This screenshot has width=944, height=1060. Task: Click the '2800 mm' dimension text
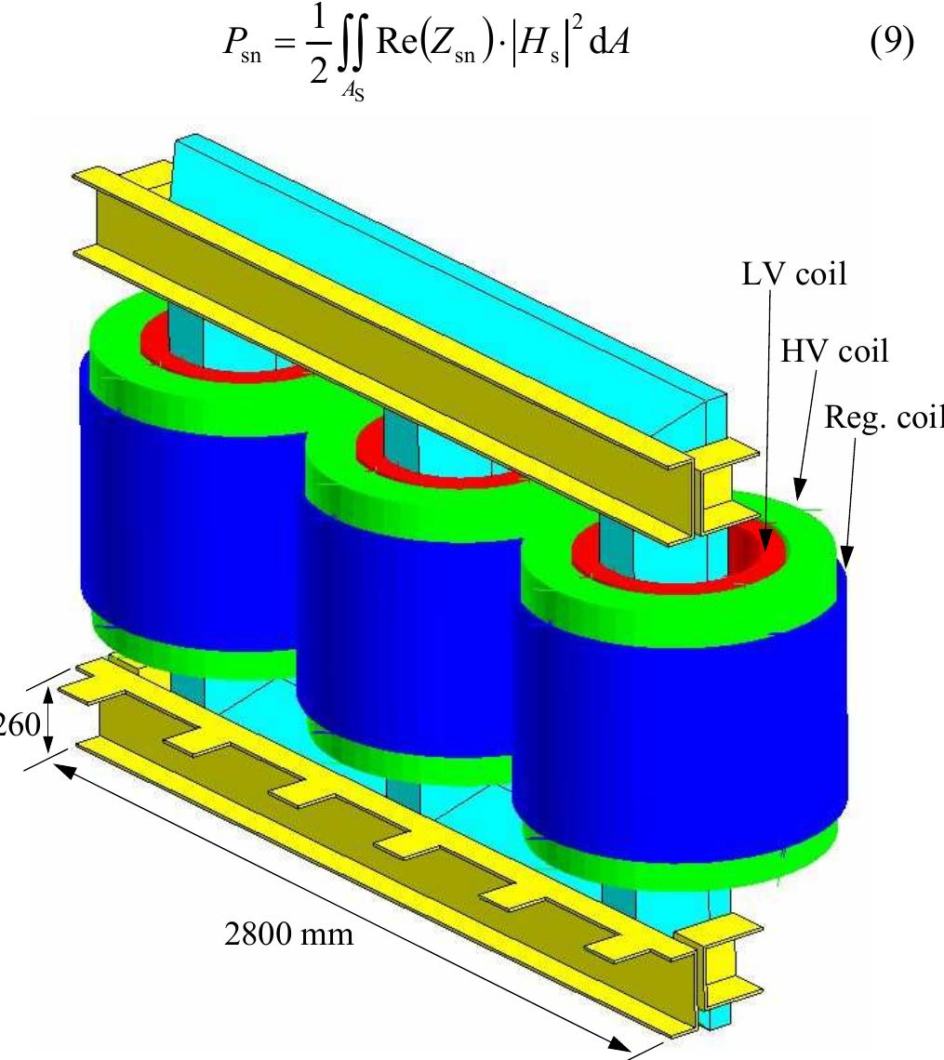pyautogui.click(x=289, y=933)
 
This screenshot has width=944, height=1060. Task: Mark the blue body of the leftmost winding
pyautogui.click(x=186, y=502)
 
